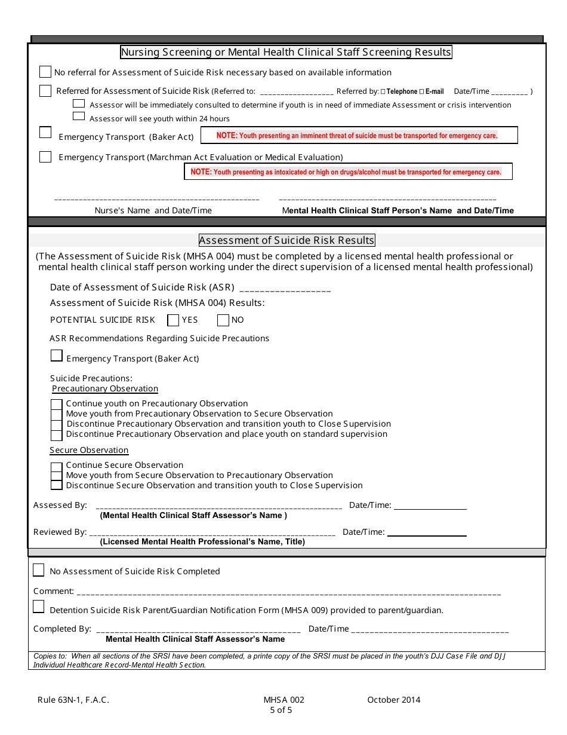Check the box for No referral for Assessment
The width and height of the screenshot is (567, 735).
(45, 72)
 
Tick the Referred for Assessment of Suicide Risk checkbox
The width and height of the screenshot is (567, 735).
(45, 91)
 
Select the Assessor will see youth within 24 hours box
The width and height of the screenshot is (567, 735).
(79, 118)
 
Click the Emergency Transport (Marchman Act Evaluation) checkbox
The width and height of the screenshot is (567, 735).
(45, 157)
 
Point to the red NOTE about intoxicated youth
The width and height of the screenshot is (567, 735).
(348, 172)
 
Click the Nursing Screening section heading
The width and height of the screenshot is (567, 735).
(286, 52)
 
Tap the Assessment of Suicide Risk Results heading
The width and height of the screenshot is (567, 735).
(286, 240)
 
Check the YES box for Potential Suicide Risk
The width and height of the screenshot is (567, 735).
(173, 320)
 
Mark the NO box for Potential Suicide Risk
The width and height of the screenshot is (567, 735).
(223, 320)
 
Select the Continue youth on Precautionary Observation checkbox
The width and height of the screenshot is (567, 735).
(57, 405)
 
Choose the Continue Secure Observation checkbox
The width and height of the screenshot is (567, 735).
(57, 467)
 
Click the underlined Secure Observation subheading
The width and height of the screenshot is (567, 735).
(89, 450)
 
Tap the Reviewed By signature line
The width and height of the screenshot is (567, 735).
(212, 532)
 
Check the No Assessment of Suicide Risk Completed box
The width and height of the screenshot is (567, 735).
(39, 570)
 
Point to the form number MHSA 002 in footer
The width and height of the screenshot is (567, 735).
(283, 700)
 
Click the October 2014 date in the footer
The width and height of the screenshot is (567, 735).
(393, 700)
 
